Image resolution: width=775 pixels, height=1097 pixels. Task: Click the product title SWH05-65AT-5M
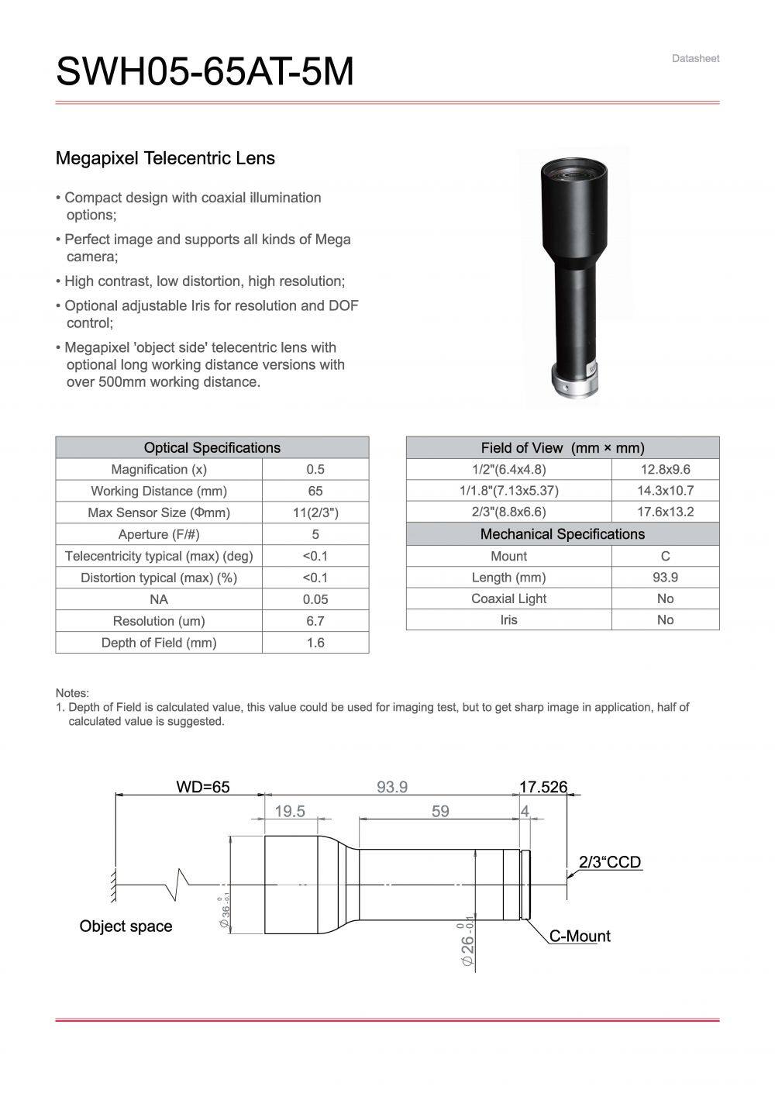(x=205, y=72)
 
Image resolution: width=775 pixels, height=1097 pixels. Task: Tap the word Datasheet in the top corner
(x=695, y=58)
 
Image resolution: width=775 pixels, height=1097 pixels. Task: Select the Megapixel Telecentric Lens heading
(x=165, y=158)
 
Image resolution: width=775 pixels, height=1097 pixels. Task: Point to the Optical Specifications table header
(x=212, y=447)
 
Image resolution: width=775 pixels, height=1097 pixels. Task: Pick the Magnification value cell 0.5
(x=315, y=469)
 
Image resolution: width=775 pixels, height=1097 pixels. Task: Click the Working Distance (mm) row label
(x=158, y=491)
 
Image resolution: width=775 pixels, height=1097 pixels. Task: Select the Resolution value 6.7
(x=315, y=621)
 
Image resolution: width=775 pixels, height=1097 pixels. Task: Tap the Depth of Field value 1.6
(x=315, y=643)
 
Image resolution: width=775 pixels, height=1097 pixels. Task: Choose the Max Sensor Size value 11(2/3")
(x=315, y=512)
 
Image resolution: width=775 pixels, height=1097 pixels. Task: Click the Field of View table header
(x=562, y=447)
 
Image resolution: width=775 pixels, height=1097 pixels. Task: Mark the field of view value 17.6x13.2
(x=665, y=512)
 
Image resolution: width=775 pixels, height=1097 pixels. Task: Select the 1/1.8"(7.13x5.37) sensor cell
(x=508, y=490)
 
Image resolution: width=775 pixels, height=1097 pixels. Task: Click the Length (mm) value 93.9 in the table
(x=665, y=577)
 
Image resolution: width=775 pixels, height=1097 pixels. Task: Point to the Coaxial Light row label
(x=508, y=599)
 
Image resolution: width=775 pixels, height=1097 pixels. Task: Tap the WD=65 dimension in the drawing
(x=203, y=787)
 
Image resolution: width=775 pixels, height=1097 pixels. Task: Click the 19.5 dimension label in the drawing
(x=290, y=811)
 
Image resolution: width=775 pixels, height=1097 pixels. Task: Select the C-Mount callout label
(x=580, y=936)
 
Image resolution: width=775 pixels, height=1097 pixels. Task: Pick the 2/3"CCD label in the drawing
(x=610, y=861)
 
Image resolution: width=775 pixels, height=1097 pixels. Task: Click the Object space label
(x=126, y=926)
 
